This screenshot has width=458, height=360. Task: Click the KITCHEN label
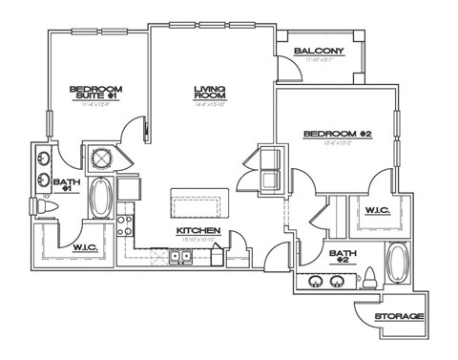coord(198,231)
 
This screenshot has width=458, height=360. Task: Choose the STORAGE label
coord(399,316)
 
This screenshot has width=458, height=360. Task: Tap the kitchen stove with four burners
coord(124,225)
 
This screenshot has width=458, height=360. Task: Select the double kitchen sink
coord(180,256)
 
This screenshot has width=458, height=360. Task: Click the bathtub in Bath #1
coord(100,198)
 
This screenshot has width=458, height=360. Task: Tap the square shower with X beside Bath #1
coord(99,157)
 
